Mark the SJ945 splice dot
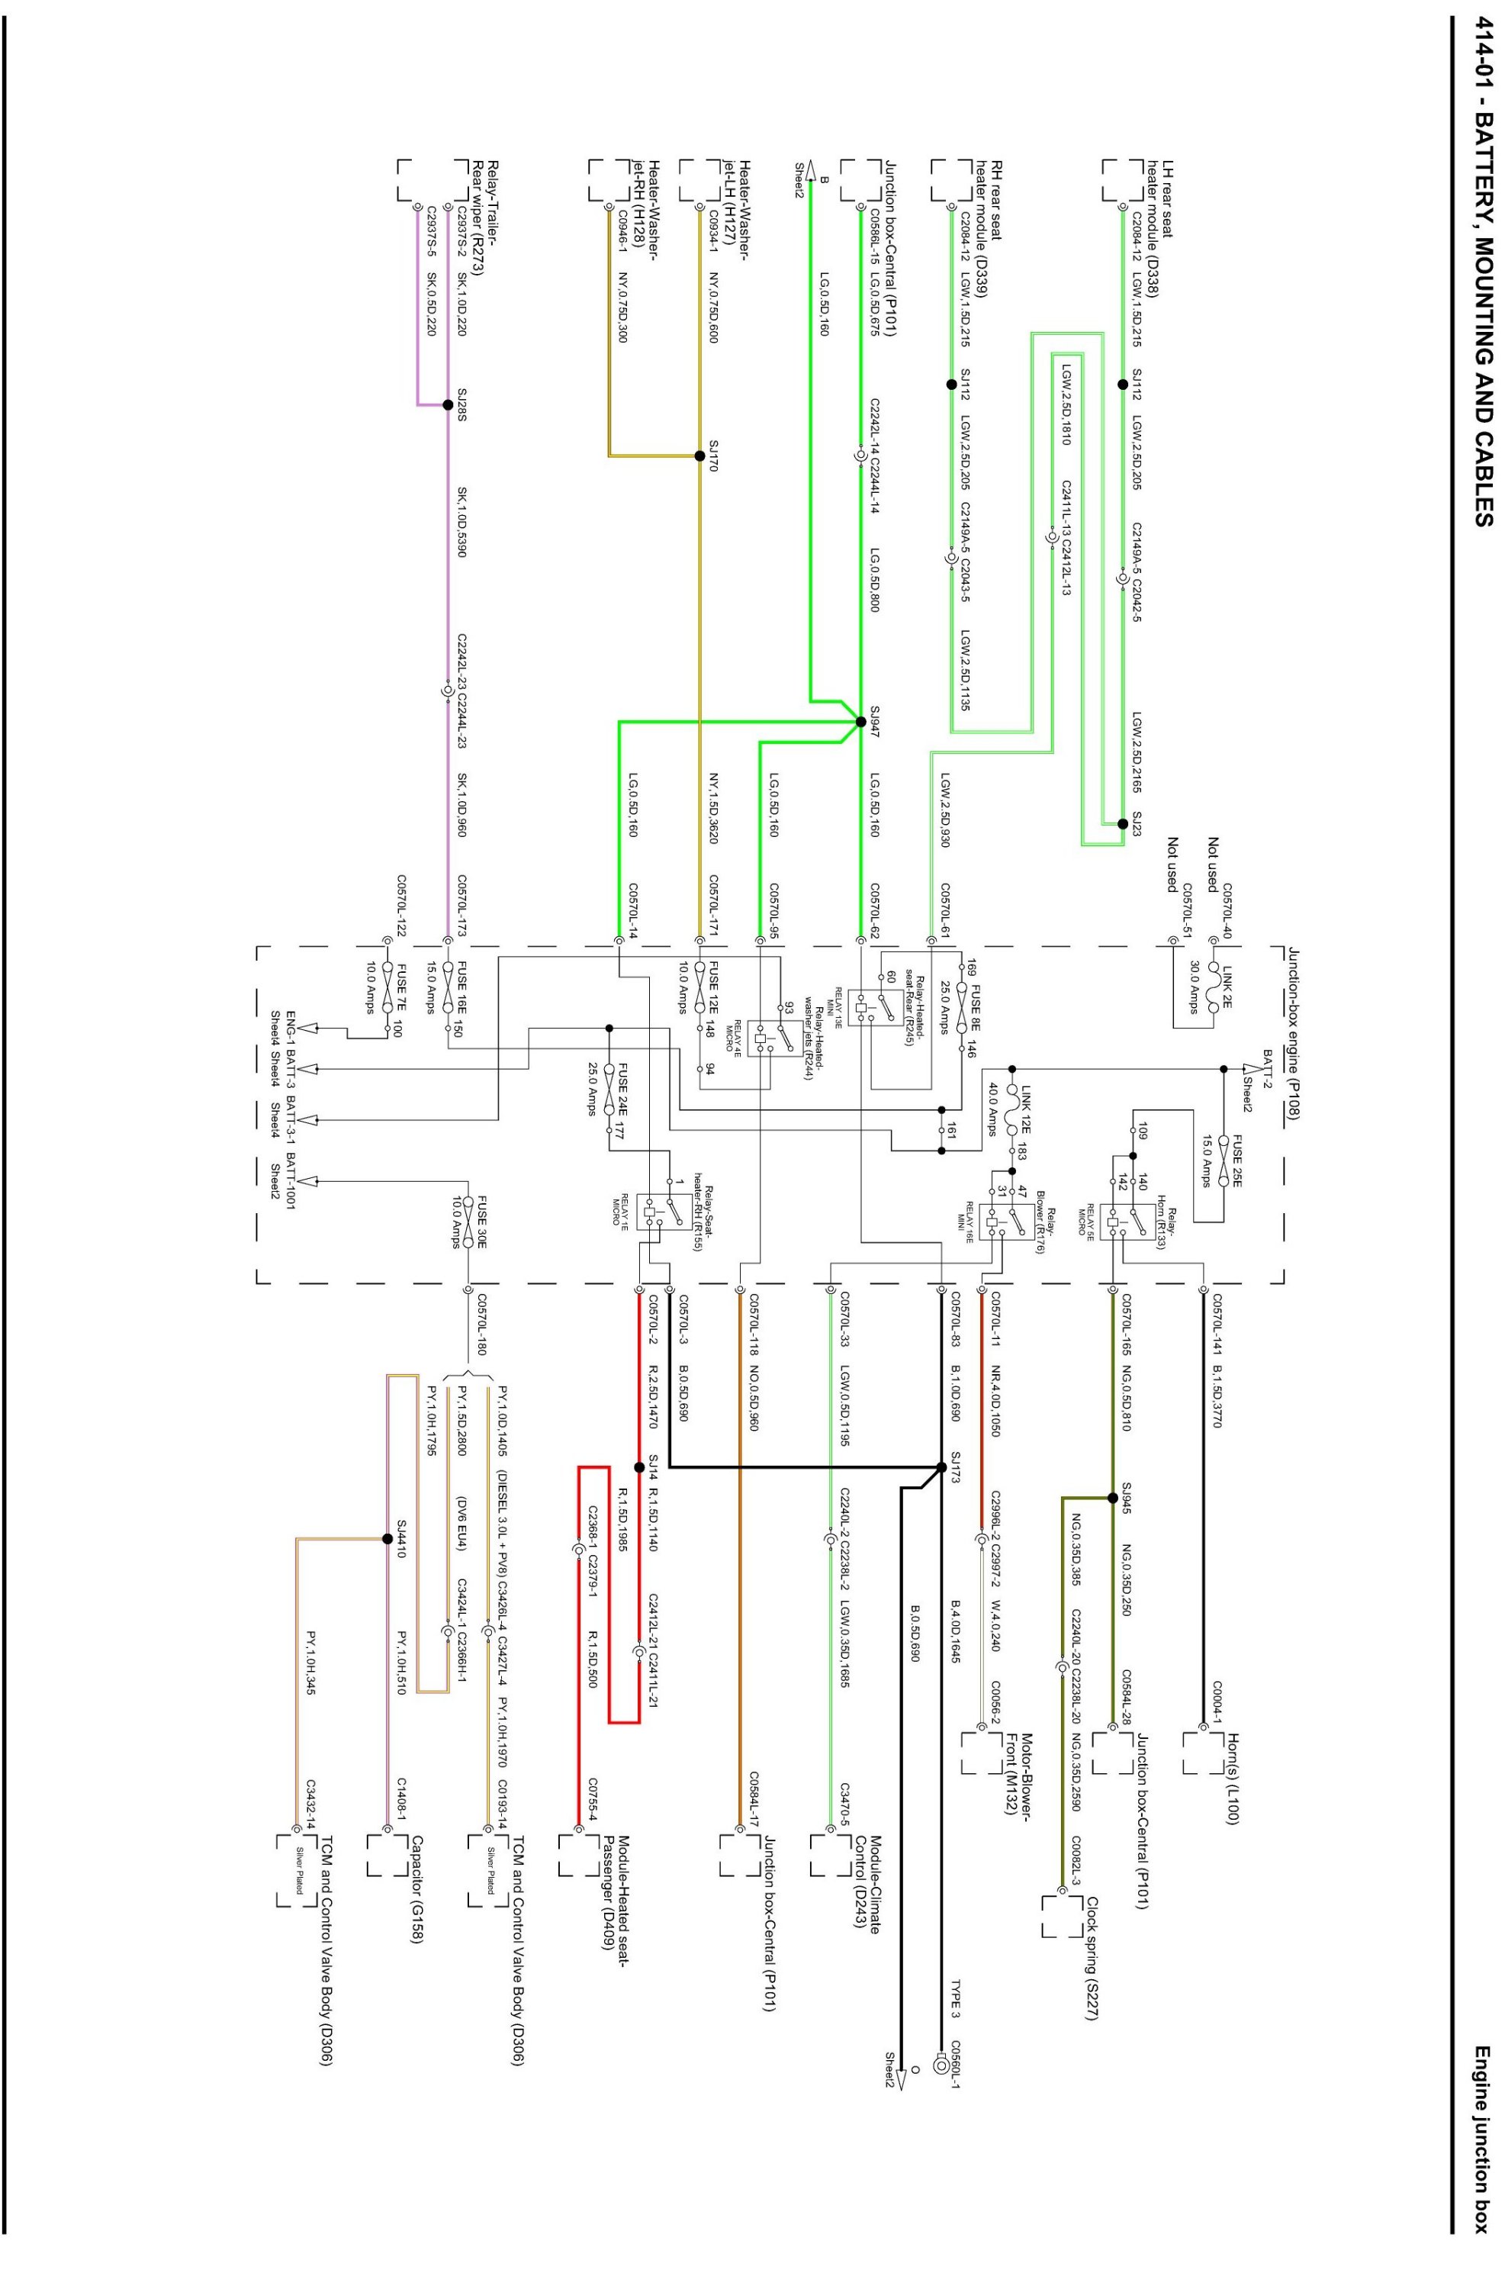[1113, 1498]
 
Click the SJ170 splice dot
[700, 455]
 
